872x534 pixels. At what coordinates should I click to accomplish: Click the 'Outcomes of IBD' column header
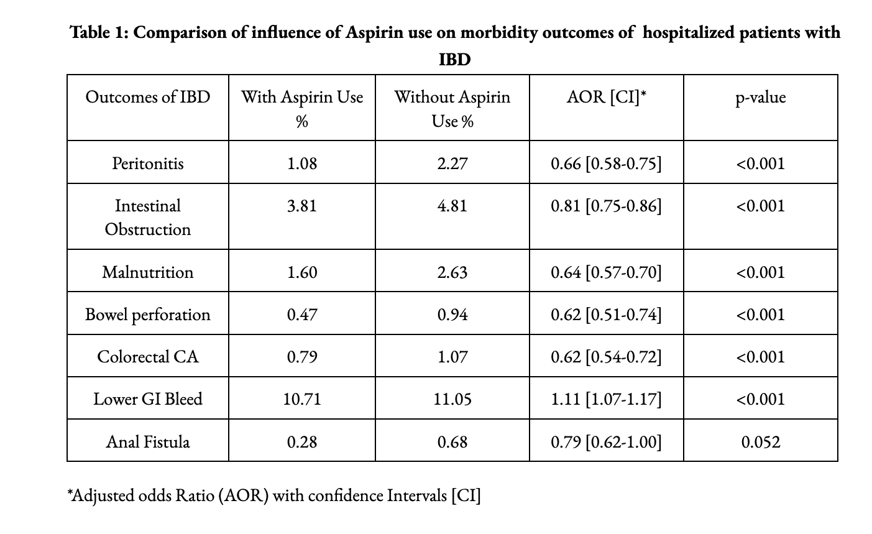click(x=147, y=97)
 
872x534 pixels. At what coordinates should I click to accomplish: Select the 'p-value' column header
click(x=760, y=98)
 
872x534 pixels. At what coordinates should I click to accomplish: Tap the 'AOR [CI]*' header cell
click(x=606, y=98)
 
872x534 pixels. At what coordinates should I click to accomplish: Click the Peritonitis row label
click(x=147, y=163)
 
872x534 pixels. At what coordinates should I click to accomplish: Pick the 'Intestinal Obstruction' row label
click(x=147, y=218)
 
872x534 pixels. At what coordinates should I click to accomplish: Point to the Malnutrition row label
click(x=147, y=272)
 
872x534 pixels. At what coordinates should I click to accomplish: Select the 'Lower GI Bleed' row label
click(x=147, y=399)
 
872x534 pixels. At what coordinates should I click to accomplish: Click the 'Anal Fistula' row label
click(x=147, y=442)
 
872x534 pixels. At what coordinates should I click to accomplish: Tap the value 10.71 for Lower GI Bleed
click(x=301, y=399)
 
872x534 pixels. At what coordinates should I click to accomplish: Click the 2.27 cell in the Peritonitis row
click(x=452, y=163)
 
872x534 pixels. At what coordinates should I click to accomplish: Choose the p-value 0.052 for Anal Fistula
click(x=760, y=442)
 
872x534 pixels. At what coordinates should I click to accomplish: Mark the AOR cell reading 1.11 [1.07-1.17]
click(x=606, y=399)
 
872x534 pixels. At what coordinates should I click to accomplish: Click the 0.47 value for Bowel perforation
click(x=301, y=315)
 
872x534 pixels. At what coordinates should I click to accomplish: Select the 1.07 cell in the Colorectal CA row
click(x=452, y=357)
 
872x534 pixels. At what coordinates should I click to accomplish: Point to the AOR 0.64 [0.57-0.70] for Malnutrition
click(x=606, y=272)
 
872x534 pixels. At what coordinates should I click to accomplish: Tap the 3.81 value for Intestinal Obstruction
click(x=301, y=206)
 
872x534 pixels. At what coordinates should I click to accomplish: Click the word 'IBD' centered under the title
click(x=454, y=60)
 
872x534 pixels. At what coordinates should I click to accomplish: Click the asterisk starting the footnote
click(x=70, y=492)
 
